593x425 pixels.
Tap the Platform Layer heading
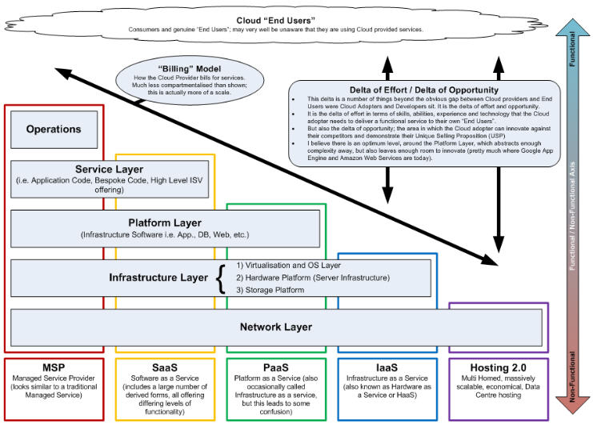[165, 222]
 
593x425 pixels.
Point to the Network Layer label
[275, 327]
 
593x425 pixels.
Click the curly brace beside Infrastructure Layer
[222, 278]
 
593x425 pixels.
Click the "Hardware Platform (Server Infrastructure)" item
[317, 278]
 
